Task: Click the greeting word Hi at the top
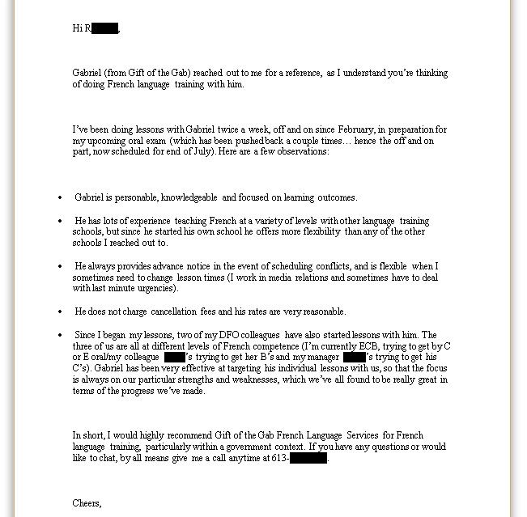[x=77, y=28]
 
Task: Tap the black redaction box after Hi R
[x=105, y=28]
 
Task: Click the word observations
[x=302, y=152]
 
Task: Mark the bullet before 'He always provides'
[x=60, y=267]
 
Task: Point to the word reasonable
[x=323, y=311]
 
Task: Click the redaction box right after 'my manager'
[x=354, y=358]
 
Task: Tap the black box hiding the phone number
[x=308, y=458]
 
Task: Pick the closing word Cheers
[x=87, y=503]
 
